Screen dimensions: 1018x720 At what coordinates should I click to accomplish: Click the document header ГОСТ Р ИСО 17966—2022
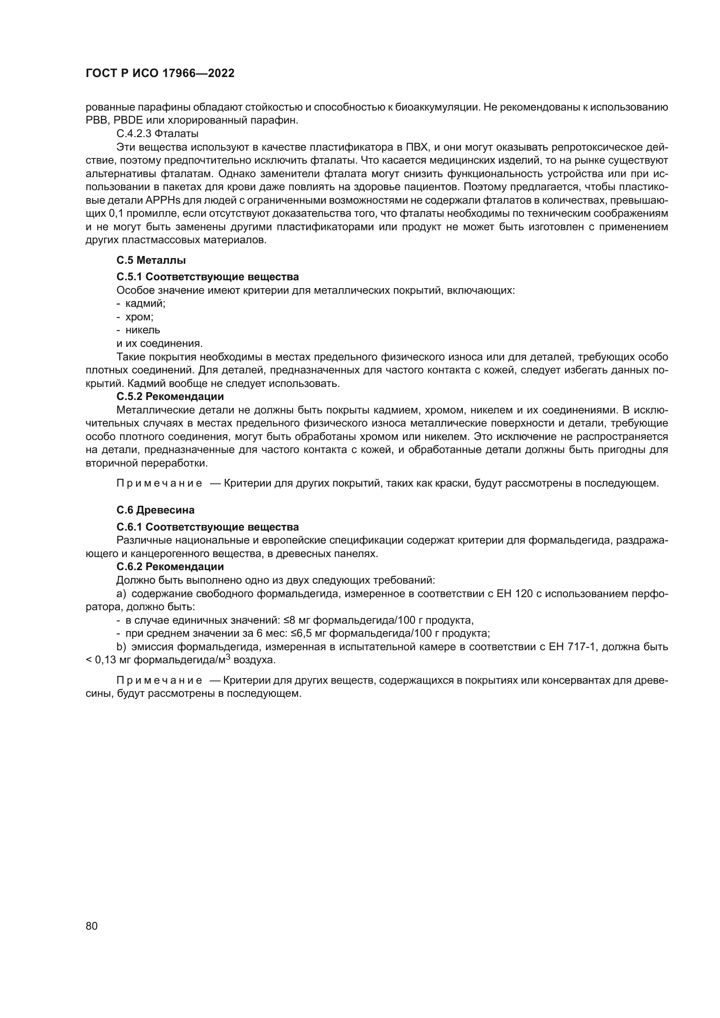click(x=160, y=74)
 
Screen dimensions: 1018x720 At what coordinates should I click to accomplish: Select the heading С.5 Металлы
click(x=151, y=260)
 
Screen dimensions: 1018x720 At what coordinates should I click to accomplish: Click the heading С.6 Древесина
click(x=155, y=510)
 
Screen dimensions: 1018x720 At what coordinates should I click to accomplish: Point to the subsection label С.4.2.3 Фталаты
click(x=158, y=134)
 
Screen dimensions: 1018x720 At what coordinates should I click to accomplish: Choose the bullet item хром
click(x=139, y=317)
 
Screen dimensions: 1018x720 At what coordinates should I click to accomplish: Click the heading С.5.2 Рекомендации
click(x=170, y=396)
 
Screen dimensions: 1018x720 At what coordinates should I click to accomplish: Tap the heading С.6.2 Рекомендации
click(x=170, y=567)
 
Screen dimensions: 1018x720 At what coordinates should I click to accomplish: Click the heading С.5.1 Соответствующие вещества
click(x=208, y=277)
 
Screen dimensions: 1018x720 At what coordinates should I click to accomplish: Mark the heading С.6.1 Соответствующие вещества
click(x=208, y=527)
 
